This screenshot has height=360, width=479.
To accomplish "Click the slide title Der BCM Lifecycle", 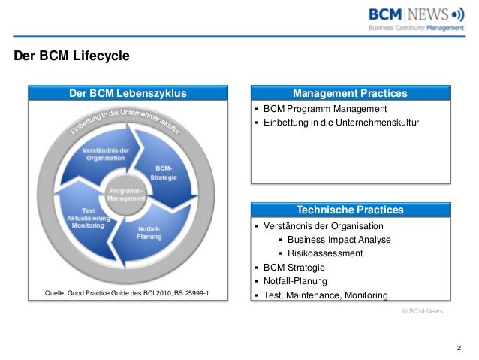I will pos(72,56).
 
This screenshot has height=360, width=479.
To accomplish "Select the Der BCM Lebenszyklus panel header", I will pos(128,93).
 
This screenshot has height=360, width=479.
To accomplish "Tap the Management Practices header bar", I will pos(350,93).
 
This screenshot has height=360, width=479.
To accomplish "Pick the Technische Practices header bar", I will pos(350,210).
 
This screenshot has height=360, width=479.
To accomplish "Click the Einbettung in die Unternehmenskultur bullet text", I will pos(341,123).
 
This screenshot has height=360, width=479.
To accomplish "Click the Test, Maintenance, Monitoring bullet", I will pos(325,295).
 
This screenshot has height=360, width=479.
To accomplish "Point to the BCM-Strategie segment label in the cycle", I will pos(164,172).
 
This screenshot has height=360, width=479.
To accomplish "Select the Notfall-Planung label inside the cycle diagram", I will pos(148,232).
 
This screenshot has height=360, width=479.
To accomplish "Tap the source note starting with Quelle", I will pos(128,292).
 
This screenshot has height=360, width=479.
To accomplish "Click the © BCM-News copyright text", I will pos(423,310).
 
